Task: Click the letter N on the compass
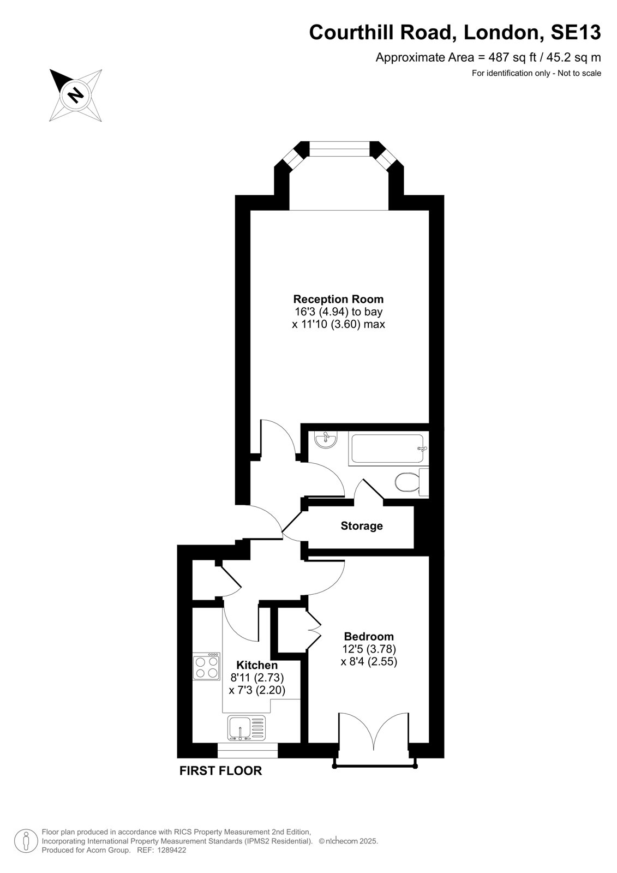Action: (x=76, y=95)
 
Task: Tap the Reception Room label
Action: (x=338, y=299)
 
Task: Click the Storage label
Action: (x=362, y=526)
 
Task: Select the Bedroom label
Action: (x=369, y=637)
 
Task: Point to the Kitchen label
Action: (x=257, y=665)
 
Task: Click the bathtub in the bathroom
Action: (x=388, y=449)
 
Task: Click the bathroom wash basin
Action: (x=326, y=439)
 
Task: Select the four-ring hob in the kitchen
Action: (x=207, y=667)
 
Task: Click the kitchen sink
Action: (x=247, y=728)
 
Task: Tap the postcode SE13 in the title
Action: (x=576, y=33)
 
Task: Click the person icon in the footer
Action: (x=26, y=841)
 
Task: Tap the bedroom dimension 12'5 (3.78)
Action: (x=369, y=649)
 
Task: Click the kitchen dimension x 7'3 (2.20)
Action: (x=257, y=690)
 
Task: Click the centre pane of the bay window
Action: (x=339, y=150)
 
